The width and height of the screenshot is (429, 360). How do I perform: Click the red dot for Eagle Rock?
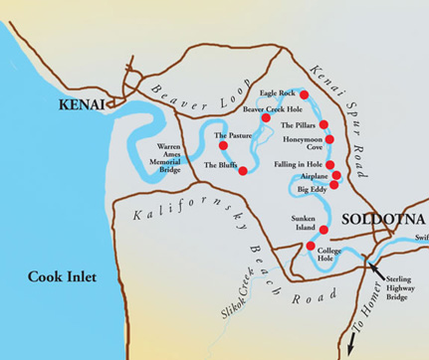(305, 94)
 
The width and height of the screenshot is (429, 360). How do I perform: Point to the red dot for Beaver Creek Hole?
(267, 117)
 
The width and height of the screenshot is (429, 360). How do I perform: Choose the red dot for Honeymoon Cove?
(326, 145)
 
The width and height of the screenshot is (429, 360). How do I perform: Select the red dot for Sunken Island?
(322, 230)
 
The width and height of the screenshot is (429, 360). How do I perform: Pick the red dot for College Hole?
(311, 246)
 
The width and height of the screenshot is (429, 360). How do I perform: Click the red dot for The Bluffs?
(244, 170)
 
